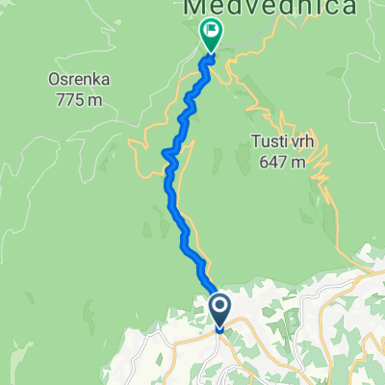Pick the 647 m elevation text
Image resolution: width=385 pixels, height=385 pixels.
point(282,162)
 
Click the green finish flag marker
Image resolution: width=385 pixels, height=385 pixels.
point(211,35)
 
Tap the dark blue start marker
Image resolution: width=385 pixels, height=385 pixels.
point(219,310)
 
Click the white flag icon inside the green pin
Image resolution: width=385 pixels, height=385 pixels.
point(211,32)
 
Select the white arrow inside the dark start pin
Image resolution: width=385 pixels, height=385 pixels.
point(219,307)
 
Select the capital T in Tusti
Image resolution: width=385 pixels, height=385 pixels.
point(255,144)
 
